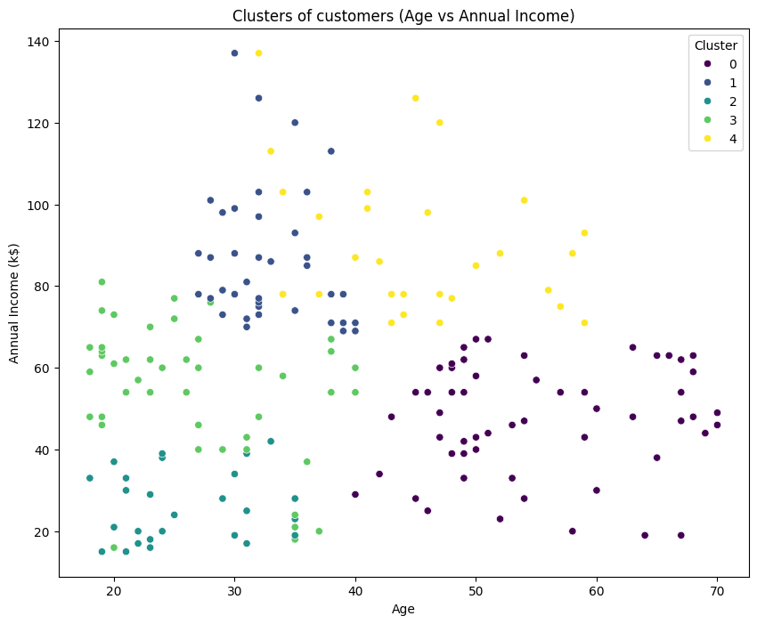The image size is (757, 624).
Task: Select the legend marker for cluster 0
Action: click(706, 64)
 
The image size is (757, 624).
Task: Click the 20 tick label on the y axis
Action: click(45, 531)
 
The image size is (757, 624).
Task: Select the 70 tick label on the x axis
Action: click(717, 591)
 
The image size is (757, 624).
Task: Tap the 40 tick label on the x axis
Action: click(355, 591)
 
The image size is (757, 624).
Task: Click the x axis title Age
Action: click(404, 610)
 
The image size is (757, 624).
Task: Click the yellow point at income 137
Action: click(258, 53)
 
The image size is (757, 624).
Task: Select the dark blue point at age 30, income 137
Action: click(234, 53)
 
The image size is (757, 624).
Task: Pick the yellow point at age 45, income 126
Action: click(415, 98)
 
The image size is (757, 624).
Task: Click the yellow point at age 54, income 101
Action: click(524, 200)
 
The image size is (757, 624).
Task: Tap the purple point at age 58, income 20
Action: click(572, 531)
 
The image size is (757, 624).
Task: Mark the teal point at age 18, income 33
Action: click(89, 478)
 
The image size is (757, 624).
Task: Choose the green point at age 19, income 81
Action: click(102, 282)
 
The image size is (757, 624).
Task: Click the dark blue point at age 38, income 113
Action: click(330, 151)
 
